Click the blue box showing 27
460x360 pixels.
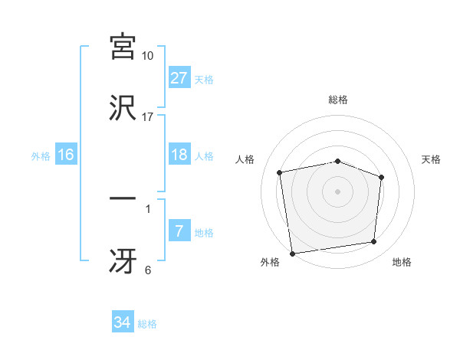pyautogui.click(x=179, y=79)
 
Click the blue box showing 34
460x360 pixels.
pyautogui.click(x=123, y=323)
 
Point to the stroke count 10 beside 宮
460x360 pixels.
pyautogui.click(x=148, y=57)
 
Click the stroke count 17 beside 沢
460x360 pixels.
pyautogui.click(x=148, y=116)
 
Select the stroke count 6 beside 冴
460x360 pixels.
pyautogui.click(x=148, y=270)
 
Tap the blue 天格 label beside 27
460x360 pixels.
pyautogui.click(x=204, y=80)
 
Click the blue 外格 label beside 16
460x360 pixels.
pyautogui.click(x=41, y=156)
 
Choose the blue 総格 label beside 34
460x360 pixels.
pyautogui.click(x=147, y=324)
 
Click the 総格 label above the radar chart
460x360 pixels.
pyautogui.click(x=338, y=100)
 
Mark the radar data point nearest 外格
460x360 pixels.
pyautogui.click(x=292, y=253)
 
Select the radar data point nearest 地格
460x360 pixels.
pyautogui.click(x=374, y=242)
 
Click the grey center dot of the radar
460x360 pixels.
pyautogui.click(x=338, y=191)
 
